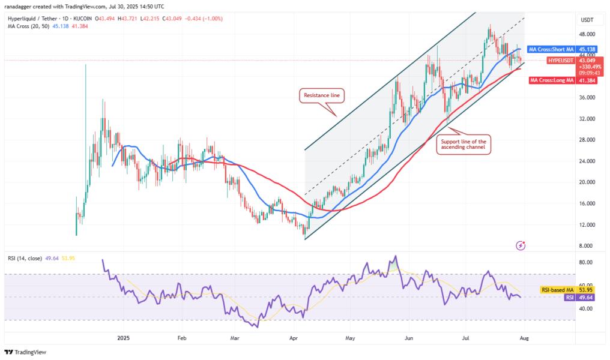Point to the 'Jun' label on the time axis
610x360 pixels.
pyautogui.click(x=409, y=338)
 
